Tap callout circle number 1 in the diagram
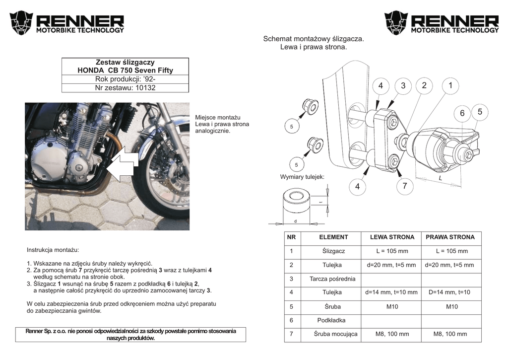450,85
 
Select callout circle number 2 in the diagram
424,85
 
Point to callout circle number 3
403,85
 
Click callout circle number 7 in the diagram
405,186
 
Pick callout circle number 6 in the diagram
462,113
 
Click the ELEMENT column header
333,237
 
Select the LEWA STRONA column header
391,237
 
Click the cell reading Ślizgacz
333,251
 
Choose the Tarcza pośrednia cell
332,279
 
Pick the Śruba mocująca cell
335,334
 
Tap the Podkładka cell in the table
331,320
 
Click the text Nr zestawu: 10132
125,88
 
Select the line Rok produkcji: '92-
125,79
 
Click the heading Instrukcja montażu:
53,250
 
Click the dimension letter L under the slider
440,177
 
